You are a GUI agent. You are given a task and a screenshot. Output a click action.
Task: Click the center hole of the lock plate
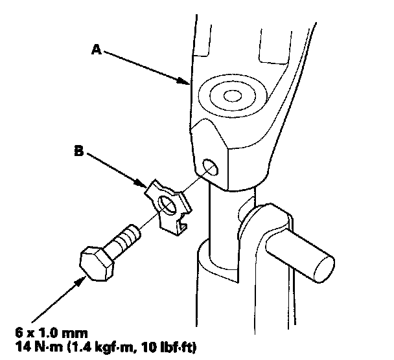[x=167, y=206]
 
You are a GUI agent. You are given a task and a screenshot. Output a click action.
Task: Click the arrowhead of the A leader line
[x=185, y=82]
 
